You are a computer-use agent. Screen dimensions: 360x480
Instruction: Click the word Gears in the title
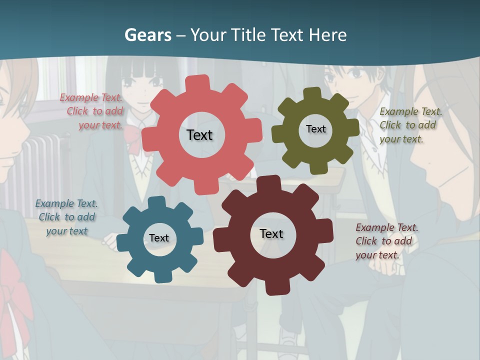point(147,35)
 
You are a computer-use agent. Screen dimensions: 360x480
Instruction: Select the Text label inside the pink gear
point(199,135)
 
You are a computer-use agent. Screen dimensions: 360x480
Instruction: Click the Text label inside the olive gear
point(315,129)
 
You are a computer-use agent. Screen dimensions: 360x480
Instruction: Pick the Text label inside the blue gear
point(159,238)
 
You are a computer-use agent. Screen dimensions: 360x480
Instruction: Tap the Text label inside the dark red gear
point(271,233)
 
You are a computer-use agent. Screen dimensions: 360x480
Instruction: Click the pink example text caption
point(92,111)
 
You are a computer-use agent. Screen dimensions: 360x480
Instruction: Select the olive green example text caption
point(409,125)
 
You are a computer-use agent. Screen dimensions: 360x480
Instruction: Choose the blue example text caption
point(66,217)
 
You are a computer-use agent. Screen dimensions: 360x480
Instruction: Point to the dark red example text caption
point(386,241)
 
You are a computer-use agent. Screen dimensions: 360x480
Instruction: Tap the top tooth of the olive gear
point(312,93)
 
